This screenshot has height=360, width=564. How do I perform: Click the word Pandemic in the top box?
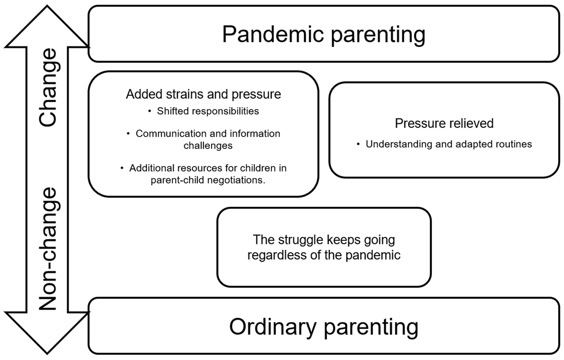[273, 34]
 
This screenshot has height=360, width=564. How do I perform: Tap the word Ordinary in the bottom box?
[273, 327]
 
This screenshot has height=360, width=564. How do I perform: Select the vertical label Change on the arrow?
[48, 87]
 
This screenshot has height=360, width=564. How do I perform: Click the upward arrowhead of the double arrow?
[47, 26]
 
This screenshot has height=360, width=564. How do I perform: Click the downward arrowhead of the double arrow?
[47, 333]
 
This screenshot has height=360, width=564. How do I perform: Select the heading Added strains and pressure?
[204, 94]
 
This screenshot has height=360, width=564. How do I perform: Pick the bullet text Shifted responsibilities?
[208, 111]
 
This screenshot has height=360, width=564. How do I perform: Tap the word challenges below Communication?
[208, 146]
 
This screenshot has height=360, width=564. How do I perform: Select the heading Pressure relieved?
[444, 123]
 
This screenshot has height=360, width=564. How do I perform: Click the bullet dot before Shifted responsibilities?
[150, 111]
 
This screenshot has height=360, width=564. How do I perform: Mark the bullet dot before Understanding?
[358, 144]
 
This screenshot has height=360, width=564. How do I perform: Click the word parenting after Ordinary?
[371, 328]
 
